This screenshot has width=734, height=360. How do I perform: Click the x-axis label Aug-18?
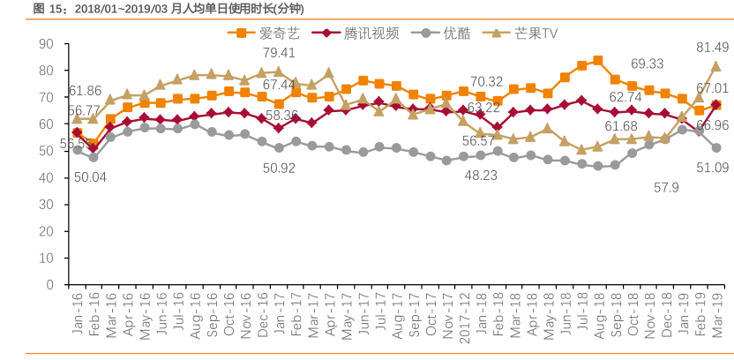tap(599, 315)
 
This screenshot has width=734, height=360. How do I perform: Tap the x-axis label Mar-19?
tap(716, 315)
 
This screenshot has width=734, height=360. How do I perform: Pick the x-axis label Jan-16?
tap(77, 315)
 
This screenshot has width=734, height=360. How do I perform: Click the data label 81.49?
tap(713, 47)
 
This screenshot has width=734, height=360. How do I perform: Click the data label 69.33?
tap(647, 64)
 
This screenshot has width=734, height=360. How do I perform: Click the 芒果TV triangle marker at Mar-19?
tap(715, 66)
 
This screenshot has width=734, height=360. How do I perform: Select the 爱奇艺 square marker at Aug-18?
tap(598, 61)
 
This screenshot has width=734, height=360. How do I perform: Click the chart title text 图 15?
tap(48, 10)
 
